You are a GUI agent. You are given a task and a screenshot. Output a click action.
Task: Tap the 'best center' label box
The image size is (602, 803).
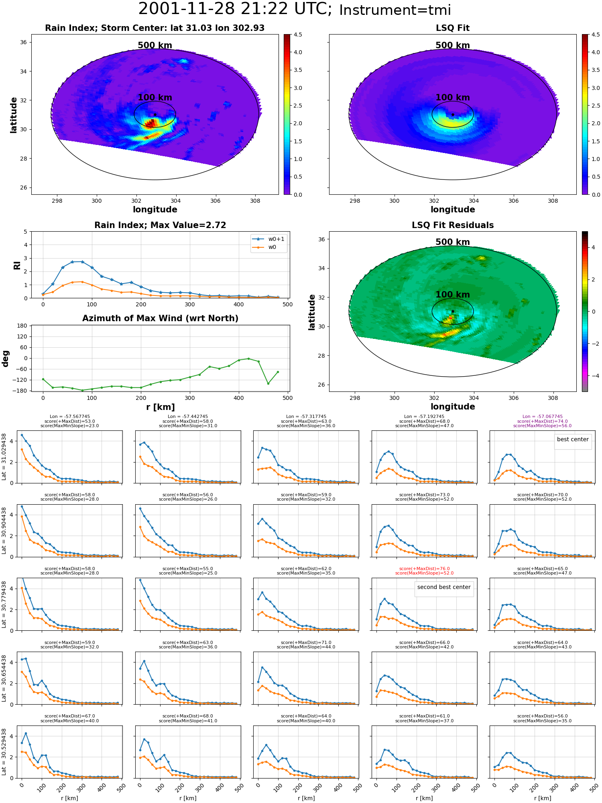(573, 439)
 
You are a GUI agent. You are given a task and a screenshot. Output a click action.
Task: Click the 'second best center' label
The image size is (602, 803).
(444, 587)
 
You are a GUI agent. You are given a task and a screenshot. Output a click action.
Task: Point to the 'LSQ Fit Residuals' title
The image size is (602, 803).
(453, 225)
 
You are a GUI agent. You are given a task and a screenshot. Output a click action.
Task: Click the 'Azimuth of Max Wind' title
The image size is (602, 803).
(160, 318)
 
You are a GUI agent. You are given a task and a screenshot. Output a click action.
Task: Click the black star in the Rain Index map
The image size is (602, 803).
(155, 114)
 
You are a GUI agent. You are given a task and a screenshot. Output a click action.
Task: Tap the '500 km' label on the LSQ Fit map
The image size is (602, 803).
(453, 45)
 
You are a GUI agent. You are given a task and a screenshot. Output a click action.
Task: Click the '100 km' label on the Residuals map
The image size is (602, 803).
(453, 294)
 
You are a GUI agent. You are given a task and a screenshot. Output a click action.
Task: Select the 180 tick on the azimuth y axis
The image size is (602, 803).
(22, 326)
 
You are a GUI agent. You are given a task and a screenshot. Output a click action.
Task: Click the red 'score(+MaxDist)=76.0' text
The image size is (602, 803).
(425, 569)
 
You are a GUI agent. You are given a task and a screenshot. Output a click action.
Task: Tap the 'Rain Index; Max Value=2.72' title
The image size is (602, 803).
(160, 225)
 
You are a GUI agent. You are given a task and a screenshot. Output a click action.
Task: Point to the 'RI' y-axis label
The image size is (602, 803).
(17, 265)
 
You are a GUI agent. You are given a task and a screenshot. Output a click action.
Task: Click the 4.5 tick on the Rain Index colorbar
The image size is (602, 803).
(298, 35)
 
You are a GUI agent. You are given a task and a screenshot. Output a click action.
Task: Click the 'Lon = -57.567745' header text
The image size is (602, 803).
(70, 416)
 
